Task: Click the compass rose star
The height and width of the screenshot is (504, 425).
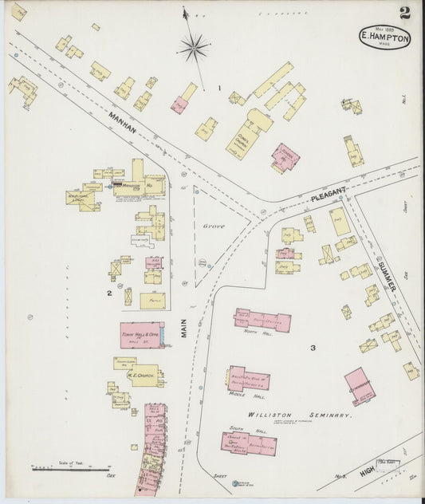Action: point(193,48)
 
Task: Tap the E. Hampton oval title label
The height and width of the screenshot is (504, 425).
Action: point(385,37)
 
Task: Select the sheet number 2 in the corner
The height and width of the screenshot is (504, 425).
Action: point(405,13)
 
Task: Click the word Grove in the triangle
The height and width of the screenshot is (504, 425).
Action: point(213,226)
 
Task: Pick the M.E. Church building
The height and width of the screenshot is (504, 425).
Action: point(136,372)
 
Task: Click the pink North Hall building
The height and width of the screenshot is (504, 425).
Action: point(262,320)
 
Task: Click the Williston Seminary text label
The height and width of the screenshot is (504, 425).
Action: point(299,415)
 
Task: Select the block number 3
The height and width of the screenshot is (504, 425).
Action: point(313,348)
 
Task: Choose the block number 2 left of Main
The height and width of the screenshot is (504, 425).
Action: point(108,293)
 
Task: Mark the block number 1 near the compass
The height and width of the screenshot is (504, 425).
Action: point(219,87)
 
